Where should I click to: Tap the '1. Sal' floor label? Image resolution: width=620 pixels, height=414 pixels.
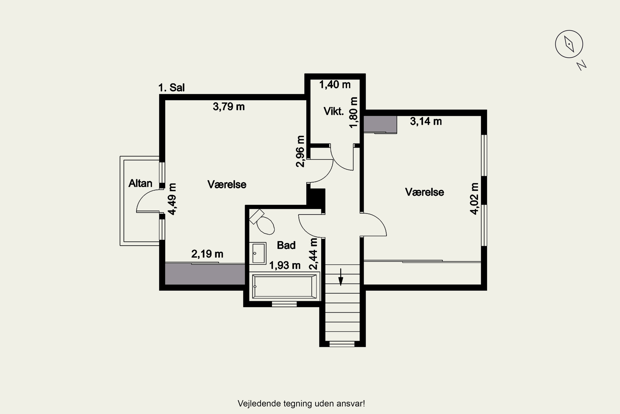(x=171, y=87)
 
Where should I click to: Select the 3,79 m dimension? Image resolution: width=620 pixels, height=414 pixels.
(x=229, y=107)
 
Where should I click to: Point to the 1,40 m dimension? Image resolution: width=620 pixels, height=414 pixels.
(x=335, y=84)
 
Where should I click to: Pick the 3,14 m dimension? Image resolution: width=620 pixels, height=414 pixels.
(x=426, y=121)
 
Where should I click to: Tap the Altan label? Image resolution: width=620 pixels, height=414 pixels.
(x=140, y=183)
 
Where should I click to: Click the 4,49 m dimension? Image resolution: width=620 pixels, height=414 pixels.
(x=172, y=199)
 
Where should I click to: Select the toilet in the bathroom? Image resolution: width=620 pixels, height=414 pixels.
(x=262, y=222)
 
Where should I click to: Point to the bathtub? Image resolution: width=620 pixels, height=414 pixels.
(x=284, y=286)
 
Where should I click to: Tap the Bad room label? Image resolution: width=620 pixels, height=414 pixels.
(x=286, y=245)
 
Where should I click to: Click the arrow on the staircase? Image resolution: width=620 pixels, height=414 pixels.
(x=341, y=277)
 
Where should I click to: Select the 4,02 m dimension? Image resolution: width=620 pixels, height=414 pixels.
(x=474, y=199)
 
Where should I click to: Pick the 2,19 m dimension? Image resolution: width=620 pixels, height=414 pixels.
(x=207, y=254)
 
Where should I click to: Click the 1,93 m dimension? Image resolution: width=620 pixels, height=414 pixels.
(x=285, y=265)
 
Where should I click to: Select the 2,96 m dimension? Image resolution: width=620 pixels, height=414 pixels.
(x=300, y=151)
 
